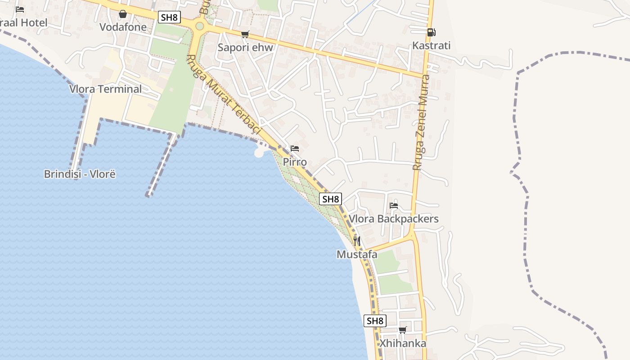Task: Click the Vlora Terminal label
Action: point(105,89)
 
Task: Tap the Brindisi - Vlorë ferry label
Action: point(80,174)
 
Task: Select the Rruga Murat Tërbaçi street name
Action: point(223,94)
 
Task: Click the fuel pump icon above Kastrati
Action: point(431,32)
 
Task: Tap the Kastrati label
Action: point(431,45)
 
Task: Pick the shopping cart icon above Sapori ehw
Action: point(245,34)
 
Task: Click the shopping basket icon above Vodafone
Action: point(122,14)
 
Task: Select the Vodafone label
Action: point(123,27)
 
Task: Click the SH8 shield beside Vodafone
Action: point(170,18)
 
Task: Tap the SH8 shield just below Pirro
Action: point(330,199)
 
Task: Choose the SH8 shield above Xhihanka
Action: point(375,321)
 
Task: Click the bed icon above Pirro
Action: point(295,148)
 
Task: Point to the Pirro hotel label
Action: point(295,162)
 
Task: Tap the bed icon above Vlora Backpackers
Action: point(394,205)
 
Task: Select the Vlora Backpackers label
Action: point(394,219)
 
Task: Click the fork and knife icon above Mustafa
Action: point(357,241)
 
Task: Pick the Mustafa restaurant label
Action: point(357,254)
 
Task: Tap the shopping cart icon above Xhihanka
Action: point(403,330)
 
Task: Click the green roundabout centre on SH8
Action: point(199,26)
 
